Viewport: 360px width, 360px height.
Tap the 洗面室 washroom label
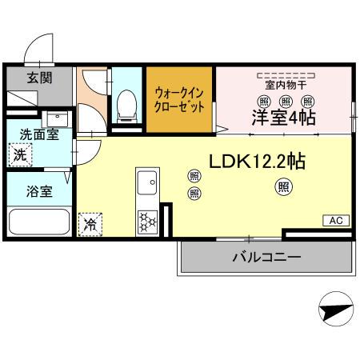click(38, 134)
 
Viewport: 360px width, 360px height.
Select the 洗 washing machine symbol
click(20, 154)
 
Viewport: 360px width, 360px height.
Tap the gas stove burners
click(148, 219)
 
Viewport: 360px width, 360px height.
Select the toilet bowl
click(126, 104)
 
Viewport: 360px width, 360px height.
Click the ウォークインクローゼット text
click(179, 100)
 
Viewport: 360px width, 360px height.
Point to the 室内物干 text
click(286, 84)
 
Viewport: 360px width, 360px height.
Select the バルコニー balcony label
click(266, 257)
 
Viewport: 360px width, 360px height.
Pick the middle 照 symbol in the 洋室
click(286, 100)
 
